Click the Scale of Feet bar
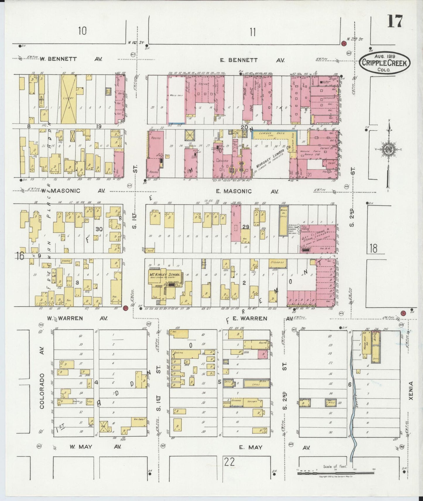click(x=335, y=473)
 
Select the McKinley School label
click(x=165, y=274)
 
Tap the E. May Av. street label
click(x=251, y=447)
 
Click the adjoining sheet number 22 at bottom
click(x=230, y=462)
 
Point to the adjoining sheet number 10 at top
click(x=82, y=31)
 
